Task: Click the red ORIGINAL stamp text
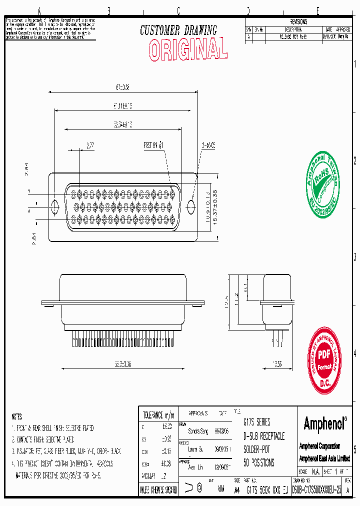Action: tap(188, 49)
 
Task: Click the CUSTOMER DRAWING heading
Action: tap(178, 30)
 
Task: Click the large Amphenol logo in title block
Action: tap(325, 424)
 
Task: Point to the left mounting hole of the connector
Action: tap(55, 205)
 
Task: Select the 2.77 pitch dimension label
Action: tap(90, 145)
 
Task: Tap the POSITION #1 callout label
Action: tap(154, 145)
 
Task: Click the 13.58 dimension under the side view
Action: tap(278, 363)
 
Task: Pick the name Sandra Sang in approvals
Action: tap(197, 430)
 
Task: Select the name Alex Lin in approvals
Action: tap(195, 466)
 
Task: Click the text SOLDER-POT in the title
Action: tap(256, 449)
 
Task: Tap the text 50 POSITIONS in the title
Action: tap(258, 463)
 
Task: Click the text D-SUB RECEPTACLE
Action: tap(263, 436)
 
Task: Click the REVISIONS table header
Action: tap(298, 22)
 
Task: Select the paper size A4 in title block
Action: tap(237, 491)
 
